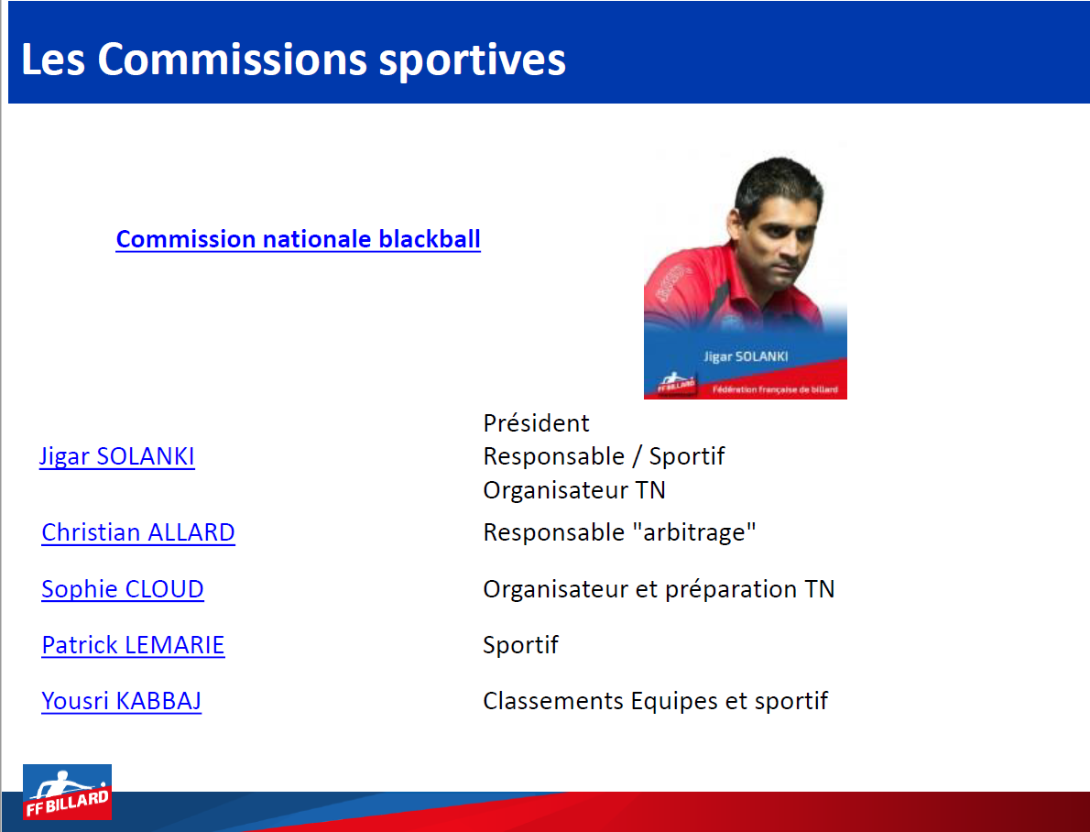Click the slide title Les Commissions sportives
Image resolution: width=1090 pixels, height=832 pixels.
(293, 60)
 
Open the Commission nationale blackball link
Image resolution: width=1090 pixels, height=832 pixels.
(299, 239)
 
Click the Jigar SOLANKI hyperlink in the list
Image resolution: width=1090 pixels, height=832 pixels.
(117, 456)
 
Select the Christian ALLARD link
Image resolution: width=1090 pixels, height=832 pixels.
(138, 532)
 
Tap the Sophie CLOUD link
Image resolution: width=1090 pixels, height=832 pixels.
(123, 589)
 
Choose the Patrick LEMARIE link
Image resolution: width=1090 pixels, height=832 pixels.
(133, 645)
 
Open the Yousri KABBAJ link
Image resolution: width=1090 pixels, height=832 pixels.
(121, 701)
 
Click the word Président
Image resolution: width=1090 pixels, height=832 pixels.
(536, 423)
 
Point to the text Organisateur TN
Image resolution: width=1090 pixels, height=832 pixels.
(574, 490)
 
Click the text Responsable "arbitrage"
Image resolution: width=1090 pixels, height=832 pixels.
(619, 532)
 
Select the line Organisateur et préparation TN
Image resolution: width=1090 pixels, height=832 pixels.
(659, 589)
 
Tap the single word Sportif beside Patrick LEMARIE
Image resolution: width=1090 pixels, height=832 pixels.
(520, 645)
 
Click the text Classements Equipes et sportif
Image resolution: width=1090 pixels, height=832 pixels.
(656, 701)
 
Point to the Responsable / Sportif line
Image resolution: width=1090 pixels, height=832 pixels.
(605, 456)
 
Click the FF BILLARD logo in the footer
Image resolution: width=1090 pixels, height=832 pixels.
(68, 793)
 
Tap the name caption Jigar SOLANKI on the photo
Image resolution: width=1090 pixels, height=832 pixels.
(746, 356)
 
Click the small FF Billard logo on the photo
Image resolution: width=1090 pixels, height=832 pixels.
(676, 383)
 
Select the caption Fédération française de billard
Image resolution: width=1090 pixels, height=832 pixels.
(775, 389)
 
